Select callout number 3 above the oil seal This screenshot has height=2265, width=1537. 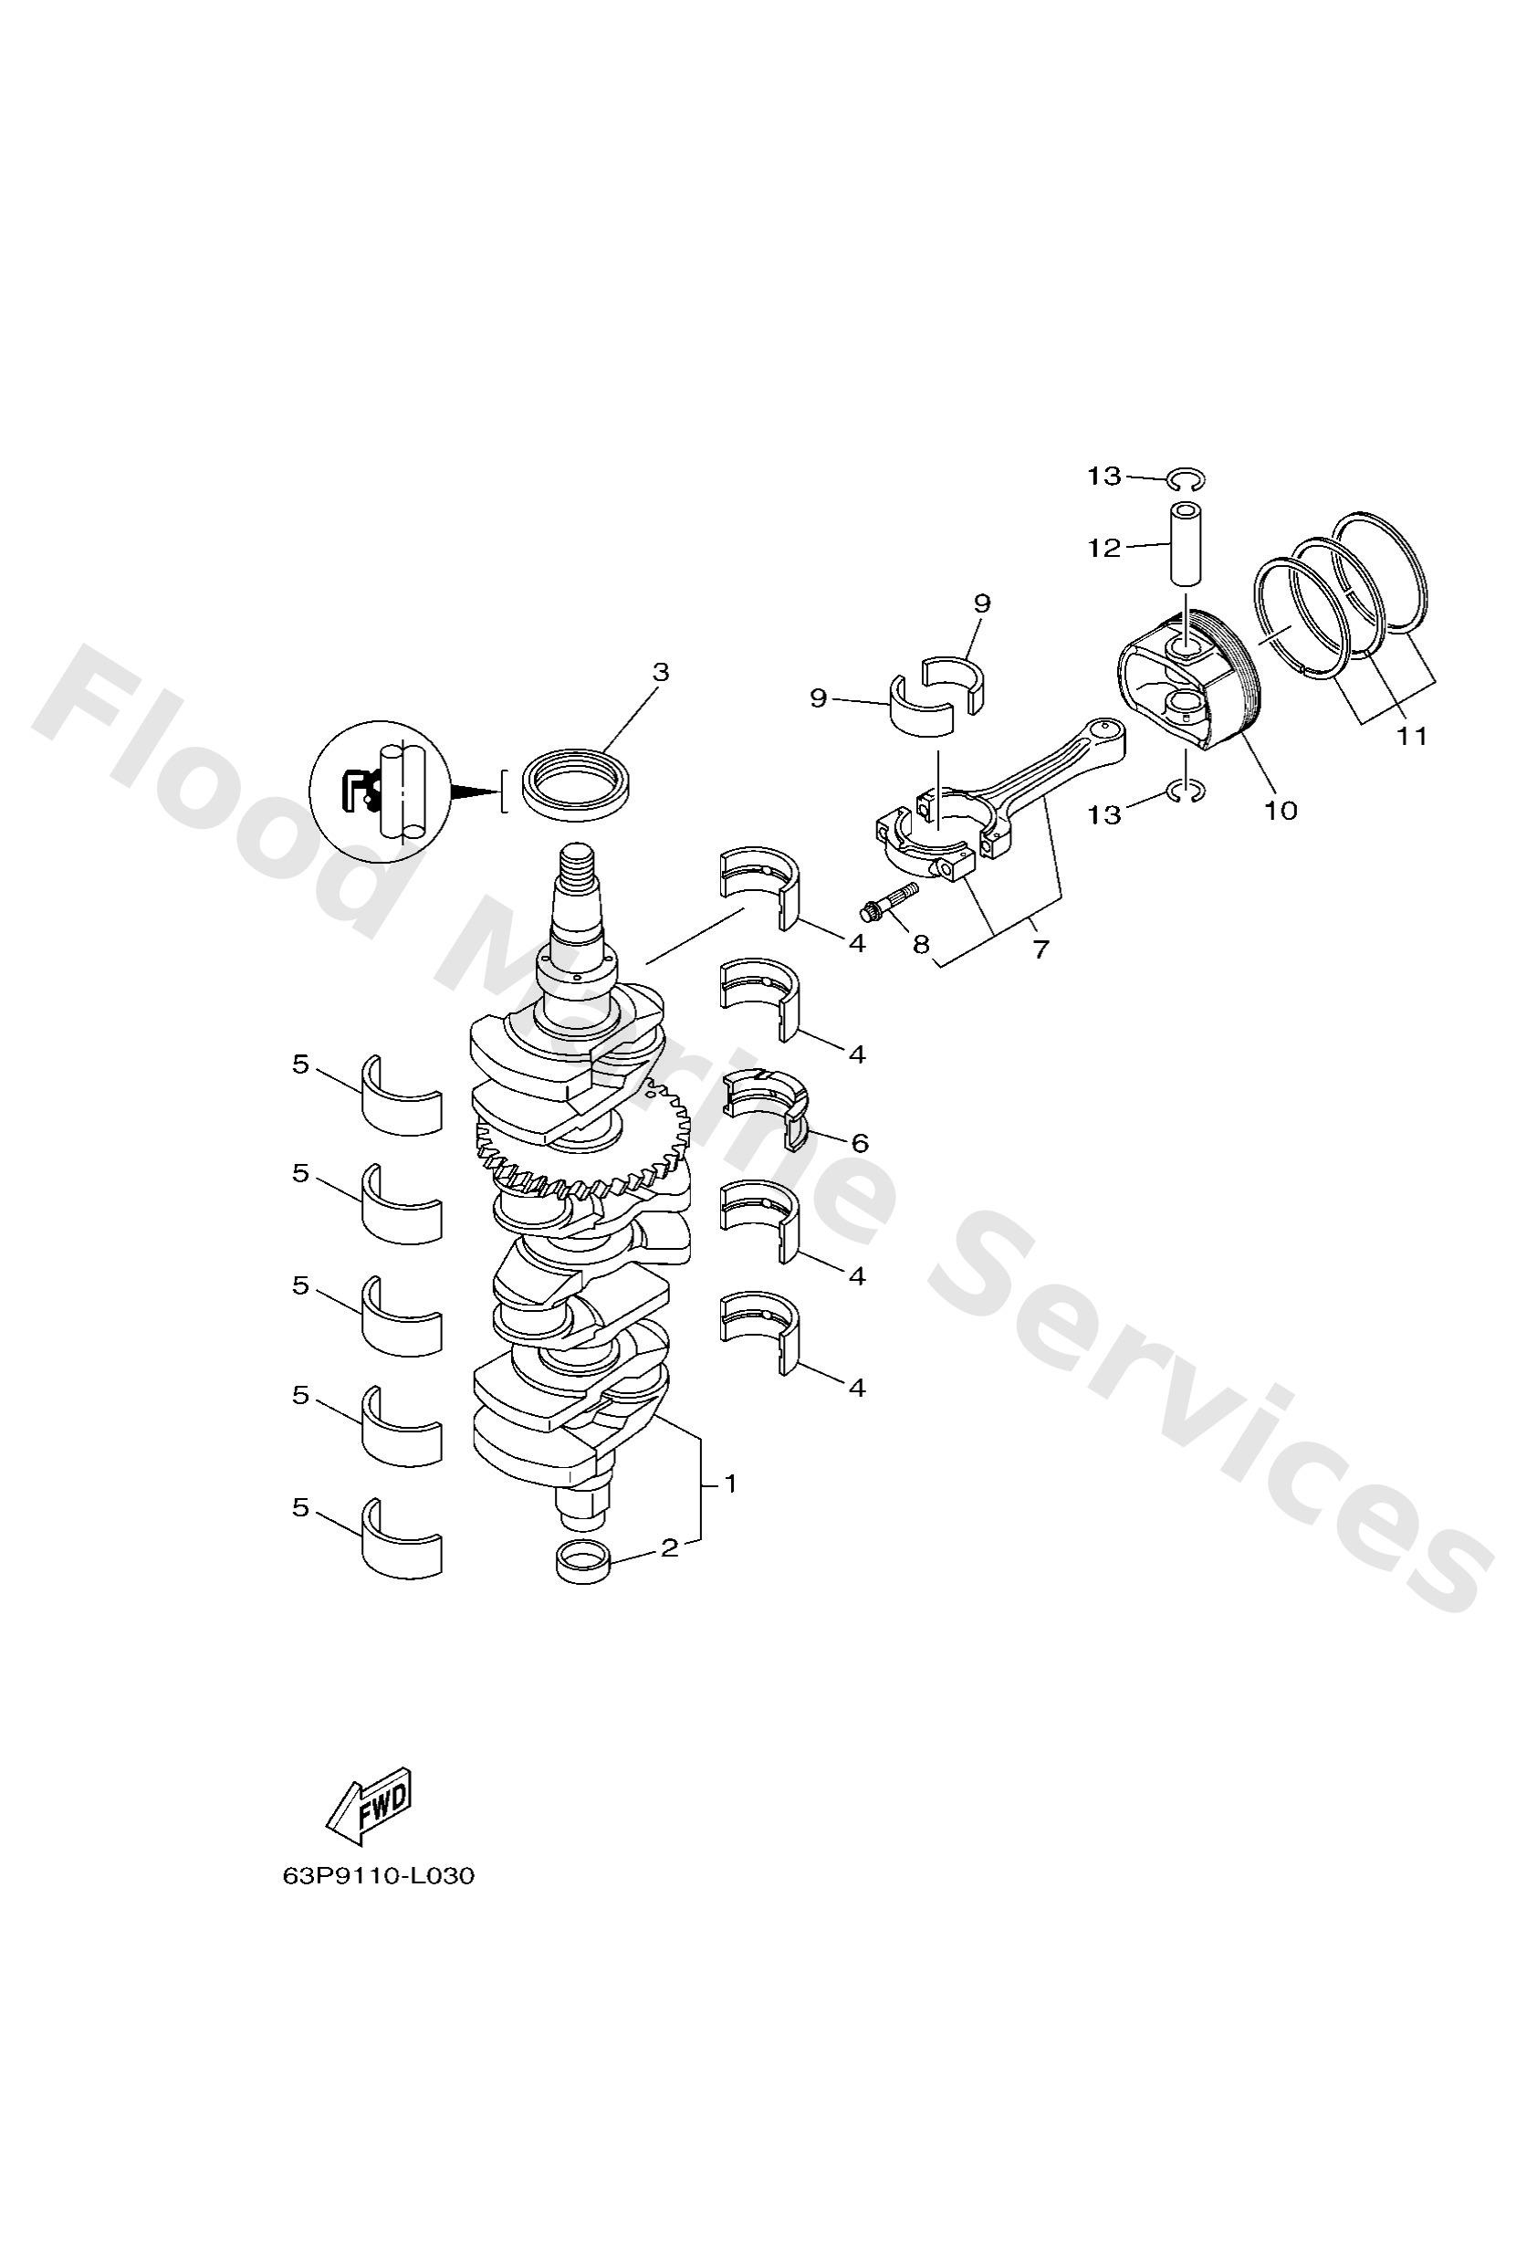[661, 672]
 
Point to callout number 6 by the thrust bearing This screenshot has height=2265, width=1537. [860, 1142]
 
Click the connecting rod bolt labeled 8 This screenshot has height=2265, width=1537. [887, 900]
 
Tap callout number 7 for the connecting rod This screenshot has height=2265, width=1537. [1040, 949]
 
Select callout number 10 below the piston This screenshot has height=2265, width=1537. [1281, 809]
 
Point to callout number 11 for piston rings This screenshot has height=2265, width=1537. [1411, 737]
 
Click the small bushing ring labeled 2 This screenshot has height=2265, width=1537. [582, 1562]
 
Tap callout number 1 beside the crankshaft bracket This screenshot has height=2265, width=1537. [729, 1484]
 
